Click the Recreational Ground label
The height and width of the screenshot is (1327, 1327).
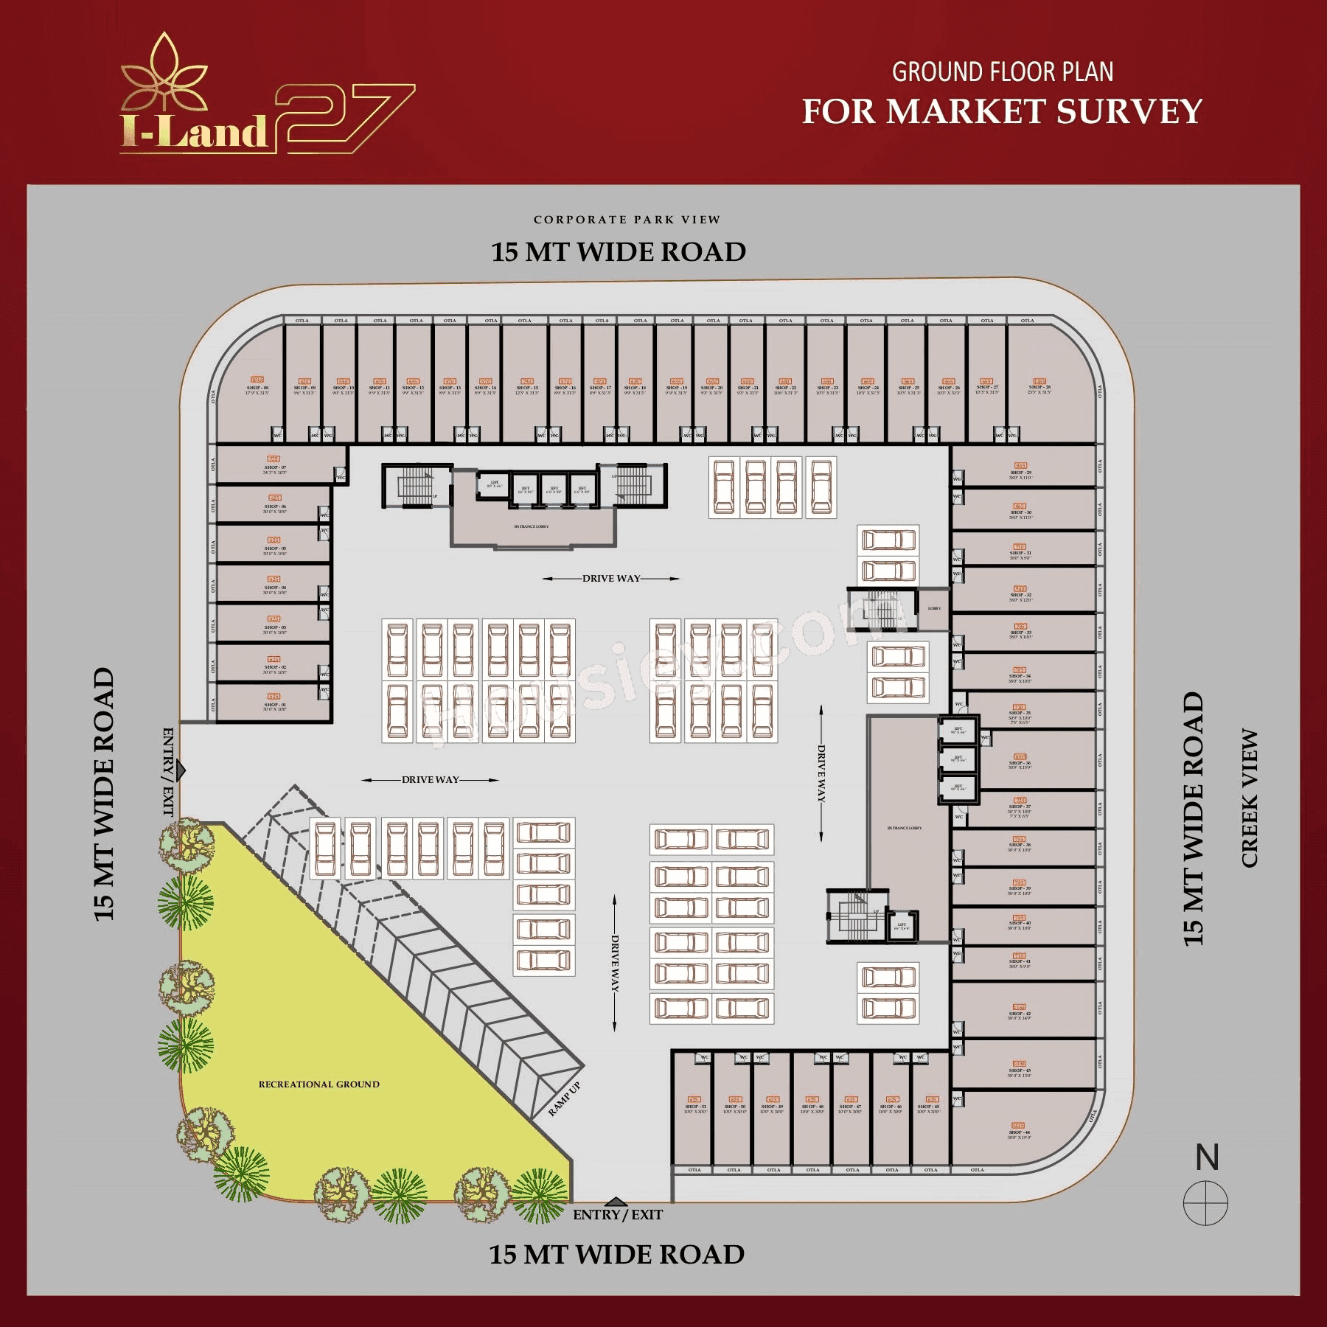[x=318, y=1084]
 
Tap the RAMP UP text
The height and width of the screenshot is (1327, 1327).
[x=565, y=1098]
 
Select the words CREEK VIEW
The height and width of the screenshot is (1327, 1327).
[x=1250, y=798]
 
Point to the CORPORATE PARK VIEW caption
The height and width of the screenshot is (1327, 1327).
[x=627, y=220]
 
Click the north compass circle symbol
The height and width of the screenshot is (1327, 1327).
[x=1205, y=1203]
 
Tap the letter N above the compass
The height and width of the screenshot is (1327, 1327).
[x=1207, y=1158]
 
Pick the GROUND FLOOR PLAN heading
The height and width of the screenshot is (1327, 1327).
[x=1002, y=72]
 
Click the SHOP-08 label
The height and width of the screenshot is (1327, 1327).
[x=257, y=387]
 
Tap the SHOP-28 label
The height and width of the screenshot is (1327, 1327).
[x=1039, y=386]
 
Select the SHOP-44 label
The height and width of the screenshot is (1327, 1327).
[x=1019, y=1132]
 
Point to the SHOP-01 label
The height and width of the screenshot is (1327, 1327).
[x=274, y=705]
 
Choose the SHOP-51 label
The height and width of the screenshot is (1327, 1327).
[x=694, y=1107]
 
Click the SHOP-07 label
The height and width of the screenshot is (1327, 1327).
[x=274, y=467]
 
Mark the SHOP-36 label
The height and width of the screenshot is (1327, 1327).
[x=1020, y=763]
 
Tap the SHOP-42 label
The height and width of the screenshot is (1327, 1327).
[x=1019, y=1014]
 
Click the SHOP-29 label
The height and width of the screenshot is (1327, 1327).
[x=1020, y=473]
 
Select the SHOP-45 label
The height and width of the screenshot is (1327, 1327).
[x=928, y=1107]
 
